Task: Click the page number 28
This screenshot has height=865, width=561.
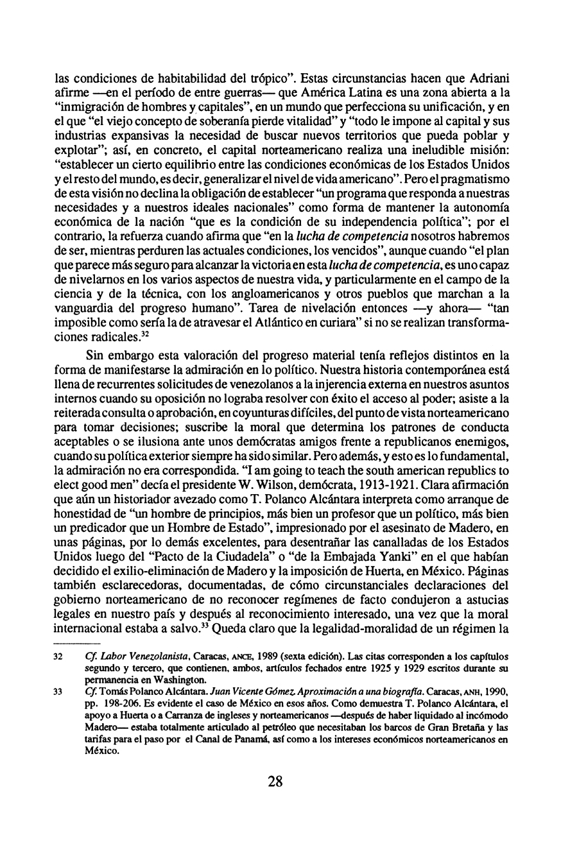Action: (x=275, y=782)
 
